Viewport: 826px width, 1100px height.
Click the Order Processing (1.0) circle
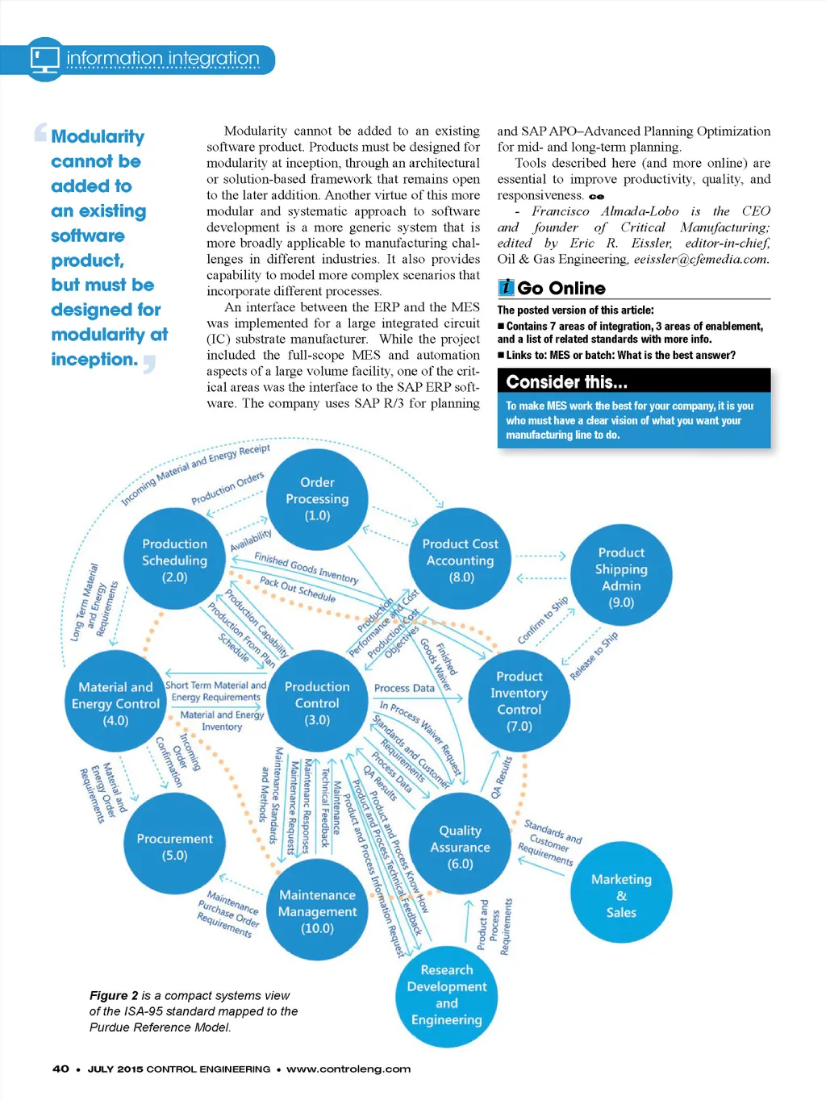pyautogui.click(x=317, y=499)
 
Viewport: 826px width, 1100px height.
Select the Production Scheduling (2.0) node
pyautogui.click(x=174, y=560)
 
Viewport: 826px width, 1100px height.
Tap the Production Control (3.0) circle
pyautogui.click(x=317, y=702)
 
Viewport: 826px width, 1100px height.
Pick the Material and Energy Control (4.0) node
pyautogui.click(x=115, y=703)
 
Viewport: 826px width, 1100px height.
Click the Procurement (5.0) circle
pyautogui.click(x=174, y=846)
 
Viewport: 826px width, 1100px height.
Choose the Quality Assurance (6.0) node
pyautogui.click(x=460, y=846)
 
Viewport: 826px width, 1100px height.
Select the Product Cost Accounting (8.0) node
pyautogui.click(x=461, y=560)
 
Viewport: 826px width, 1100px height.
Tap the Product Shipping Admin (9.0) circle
pyautogui.click(x=621, y=577)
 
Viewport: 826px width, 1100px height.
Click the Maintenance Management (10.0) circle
pyautogui.click(x=317, y=911)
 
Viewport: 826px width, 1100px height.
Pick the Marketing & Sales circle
pyautogui.click(x=621, y=895)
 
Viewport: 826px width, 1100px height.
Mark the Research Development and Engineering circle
pyautogui.click(x=447, y=994)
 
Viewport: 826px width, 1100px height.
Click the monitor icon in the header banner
pyautogui.click(x=45, y=59)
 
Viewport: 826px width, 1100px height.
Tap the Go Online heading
pyautogui.click(x=561, y=288)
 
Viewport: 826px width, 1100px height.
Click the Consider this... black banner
pyautogui.click(x=633, y=381)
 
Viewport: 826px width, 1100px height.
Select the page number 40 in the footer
pyautogui.click(x=60, y=1069)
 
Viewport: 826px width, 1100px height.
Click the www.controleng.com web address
pyautogui.click(x=348, y=1069)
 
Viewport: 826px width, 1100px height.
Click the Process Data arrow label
pyautogui.click(x=404, y=688)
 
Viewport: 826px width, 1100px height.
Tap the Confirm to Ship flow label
pyautogui.click(x=543, y=620)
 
